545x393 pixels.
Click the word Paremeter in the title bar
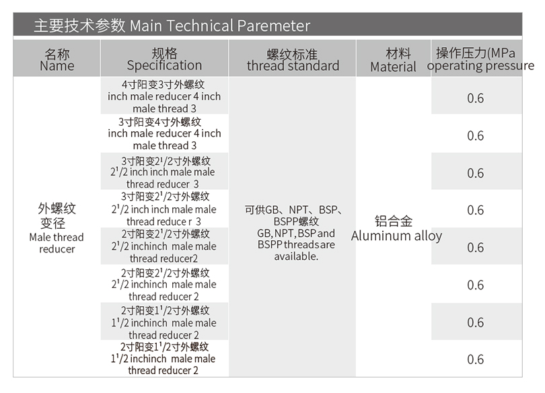coord(274,26)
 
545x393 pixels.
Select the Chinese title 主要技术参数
coord(79,26)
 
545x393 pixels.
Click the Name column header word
coord(57,66)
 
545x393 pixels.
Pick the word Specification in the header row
coord(164,65)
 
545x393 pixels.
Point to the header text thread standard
coord(293,66)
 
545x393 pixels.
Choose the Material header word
coord(393,67)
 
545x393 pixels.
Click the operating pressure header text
coord(480,66)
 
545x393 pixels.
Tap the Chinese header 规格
coord(164,54)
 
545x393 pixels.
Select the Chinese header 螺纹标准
coord(292,55)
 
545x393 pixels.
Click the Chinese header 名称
coord(57,55)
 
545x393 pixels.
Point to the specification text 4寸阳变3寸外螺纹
coord(163,84)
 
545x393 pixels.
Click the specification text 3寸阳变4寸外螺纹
coord(160,122)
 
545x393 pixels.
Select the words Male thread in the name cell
coord(57,238)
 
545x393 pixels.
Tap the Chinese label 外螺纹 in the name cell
coord(57,209)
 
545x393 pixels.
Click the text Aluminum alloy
coord(396,236)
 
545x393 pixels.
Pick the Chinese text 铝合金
coord(394,221)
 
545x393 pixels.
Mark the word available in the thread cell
coord(295,256)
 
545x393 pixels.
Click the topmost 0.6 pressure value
coord(476,98)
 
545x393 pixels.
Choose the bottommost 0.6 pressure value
coord(476,359)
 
